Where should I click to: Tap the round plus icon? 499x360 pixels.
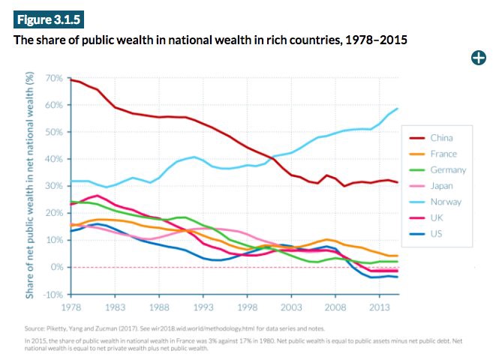[x=477, y=57]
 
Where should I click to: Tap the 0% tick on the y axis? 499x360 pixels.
[x=56, y=267]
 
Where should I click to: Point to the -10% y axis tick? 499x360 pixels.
[x=52, y=294]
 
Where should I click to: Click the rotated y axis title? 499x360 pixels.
[x=30, y=184]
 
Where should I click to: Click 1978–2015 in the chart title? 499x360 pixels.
[x=374, y=39]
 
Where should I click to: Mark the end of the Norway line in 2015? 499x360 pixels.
[x=398, y=109]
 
